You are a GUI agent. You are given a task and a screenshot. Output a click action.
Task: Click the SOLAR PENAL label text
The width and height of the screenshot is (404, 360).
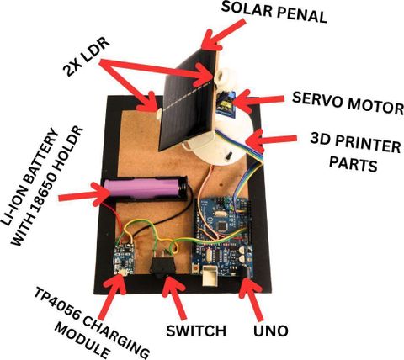pyautogui.click(x=274, y=13)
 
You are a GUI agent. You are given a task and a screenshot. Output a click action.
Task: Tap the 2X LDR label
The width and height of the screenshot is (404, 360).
pyautogui.click(x=86, y=56)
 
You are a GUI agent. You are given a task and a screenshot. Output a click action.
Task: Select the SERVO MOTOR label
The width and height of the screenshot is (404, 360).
pyautogui.click(x=348, y=103)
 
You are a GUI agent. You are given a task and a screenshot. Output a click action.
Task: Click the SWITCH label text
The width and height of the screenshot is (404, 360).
pyautogui.click(x=196, y=331)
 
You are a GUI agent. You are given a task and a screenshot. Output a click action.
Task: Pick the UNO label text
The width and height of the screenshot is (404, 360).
pyautogui.click(x=271, y=331)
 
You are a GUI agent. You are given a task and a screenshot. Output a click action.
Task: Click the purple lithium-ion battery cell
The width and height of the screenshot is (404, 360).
pyautogui.click(x=141, y=188)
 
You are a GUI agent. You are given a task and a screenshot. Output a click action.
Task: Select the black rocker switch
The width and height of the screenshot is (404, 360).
pyautogui.click(x=163, y=266)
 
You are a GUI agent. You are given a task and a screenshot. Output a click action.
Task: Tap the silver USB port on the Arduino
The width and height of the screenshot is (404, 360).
pyautogui.click(x=210, y=276)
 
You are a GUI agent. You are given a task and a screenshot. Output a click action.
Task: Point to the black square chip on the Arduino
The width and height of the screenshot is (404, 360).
pyautogui.click(x=223, y=226)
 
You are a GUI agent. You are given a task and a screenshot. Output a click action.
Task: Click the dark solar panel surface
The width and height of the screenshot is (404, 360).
pyautogui.click(x=187, y=100)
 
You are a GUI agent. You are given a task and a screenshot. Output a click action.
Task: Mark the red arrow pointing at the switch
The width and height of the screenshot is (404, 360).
pyautogui.click(x=173, y=297)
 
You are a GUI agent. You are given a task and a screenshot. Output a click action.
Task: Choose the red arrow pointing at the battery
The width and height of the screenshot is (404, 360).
pyautogui.click(x=84, y=194)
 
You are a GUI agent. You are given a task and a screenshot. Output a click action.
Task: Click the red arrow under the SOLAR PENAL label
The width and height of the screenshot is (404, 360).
pyautogui.click(x=224, y=34)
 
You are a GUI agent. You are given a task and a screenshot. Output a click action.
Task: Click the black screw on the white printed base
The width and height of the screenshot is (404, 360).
pyautogui.click(x=228, y=155)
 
